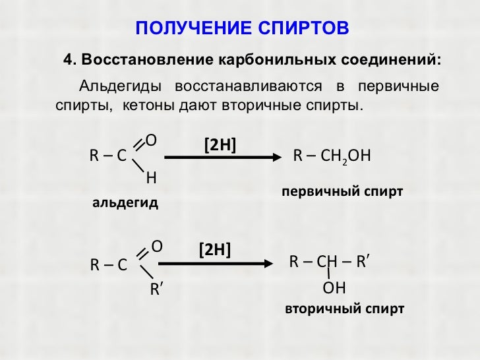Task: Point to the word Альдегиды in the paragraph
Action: pos(118,86)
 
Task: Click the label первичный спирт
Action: pos(342,192)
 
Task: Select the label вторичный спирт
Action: pos(344,309)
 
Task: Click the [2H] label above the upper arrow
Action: pos(221,145)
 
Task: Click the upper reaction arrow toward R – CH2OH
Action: pos(223,157)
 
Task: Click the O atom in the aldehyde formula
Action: pos(151,140)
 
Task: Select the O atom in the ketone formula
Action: pos(157,246)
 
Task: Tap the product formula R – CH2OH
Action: pos(332,156)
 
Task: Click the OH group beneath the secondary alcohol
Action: pos(334,288)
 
